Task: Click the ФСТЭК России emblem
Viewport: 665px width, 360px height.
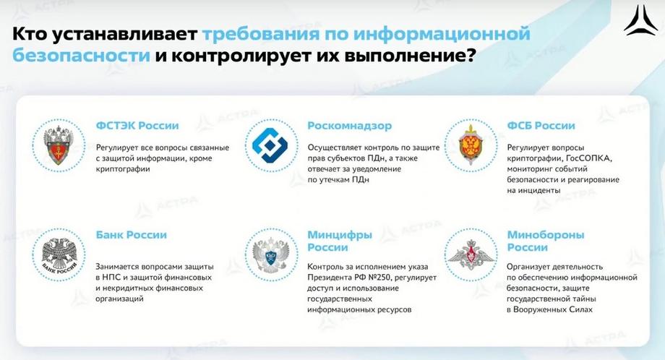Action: pos(59,145)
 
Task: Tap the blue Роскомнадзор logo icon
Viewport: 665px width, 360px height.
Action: pos(270,145)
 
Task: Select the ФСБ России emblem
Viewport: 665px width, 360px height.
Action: pos(471,145)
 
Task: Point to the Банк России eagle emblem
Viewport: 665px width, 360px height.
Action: pos(59,254)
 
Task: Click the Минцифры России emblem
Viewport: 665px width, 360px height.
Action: pos(270,254)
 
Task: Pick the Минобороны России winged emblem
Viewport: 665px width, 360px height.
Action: pos(471,254)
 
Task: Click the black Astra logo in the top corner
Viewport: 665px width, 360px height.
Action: pos(641,20)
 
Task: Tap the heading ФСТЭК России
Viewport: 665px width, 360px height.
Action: pos(137,126)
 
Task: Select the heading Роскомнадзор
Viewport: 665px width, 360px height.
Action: pos(349,126)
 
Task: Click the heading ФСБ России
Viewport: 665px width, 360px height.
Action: pos(541,126)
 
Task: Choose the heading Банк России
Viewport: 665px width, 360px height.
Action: pos(131,234)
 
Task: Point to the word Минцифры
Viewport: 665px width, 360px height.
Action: pos(340,235)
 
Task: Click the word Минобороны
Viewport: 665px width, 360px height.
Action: pos(546,235)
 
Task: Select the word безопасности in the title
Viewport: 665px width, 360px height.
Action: pos(81,56)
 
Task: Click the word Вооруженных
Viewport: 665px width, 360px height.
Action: pos(539,309)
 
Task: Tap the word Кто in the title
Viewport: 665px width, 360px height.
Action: pos(30,34)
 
